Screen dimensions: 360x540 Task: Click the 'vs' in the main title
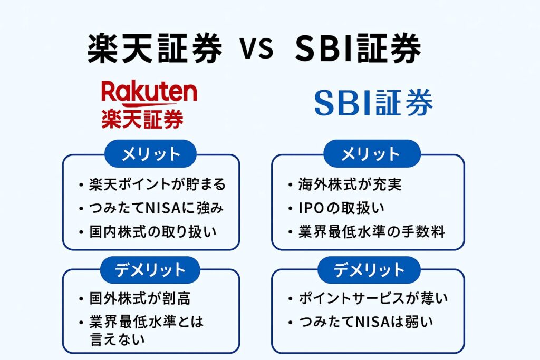coord(258,50)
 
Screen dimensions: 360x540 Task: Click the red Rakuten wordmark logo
coord(149,94)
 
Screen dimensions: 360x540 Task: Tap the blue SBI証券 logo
coord(373,103)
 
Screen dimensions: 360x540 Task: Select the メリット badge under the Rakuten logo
coord(151,154)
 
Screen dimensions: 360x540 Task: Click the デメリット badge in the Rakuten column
coord(151,270)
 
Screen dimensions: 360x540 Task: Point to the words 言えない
coord(117,339)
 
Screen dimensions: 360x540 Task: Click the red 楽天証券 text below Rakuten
coord(142,119)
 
